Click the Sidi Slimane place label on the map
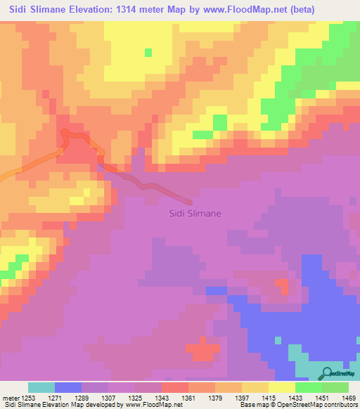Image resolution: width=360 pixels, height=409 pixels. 195,213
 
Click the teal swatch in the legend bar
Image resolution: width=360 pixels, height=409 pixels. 41,387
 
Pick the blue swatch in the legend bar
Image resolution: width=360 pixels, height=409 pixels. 68,387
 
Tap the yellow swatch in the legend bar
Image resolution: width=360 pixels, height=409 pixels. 282,387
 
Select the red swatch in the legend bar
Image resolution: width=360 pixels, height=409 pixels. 175,387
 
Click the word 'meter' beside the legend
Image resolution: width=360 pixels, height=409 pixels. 10,398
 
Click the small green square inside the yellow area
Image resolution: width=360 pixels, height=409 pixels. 148,52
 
